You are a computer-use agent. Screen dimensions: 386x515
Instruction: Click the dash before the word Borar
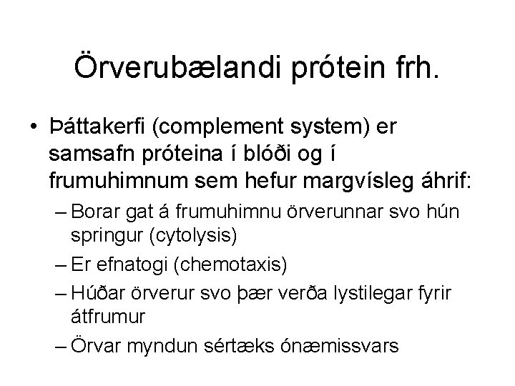point(60,212)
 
